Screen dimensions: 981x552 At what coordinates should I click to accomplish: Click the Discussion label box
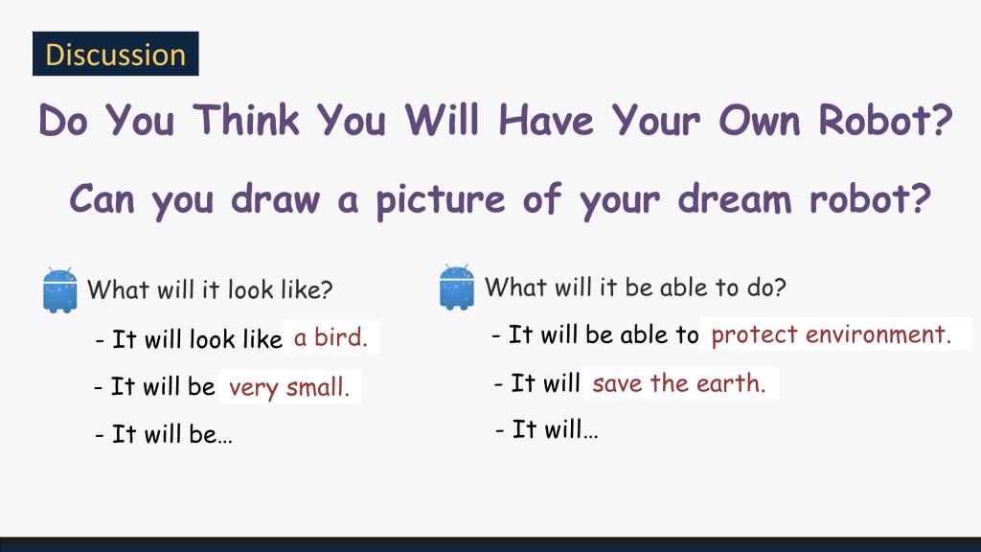click(x=116, y=54)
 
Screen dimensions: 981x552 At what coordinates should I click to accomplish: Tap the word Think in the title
click(x=246, y=120)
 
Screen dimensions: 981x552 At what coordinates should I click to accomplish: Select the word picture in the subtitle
click(x=440, y=200)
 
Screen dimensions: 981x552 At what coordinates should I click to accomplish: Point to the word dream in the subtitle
click(x=735, y=199)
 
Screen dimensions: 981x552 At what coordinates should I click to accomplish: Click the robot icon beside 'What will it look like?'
click(x=60, y=289)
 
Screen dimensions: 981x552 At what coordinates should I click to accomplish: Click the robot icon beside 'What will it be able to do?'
click(x=457, y=287)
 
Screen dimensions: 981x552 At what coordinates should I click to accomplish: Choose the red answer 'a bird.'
click(x=331, y=337)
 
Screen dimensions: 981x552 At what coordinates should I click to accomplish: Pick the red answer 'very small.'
click(x=289, y=387)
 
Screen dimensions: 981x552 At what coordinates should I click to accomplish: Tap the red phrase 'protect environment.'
click(x=832, y=334)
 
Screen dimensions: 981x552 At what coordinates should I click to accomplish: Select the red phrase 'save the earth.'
click(x=679, y=383)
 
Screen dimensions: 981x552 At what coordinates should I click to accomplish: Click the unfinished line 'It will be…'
click(x=164, y=434)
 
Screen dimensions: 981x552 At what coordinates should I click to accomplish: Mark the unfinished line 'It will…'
click(x=547, y=429)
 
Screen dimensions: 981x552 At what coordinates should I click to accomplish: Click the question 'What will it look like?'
click(x=210, y=289)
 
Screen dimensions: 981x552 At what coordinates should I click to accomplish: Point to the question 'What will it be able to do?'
click(x=635, y=287)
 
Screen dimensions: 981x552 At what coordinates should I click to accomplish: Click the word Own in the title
click(x=760, y=120)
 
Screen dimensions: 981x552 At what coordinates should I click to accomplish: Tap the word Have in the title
click(x=545, y=120)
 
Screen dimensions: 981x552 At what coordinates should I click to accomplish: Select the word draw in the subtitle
click(x=275, y=199)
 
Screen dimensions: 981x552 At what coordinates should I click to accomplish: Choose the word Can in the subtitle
click(x=102, y=199)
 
